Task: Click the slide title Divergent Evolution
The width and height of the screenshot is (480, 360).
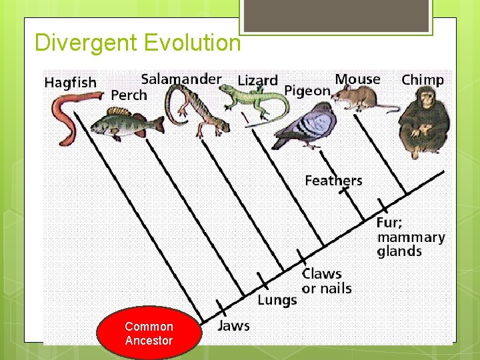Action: (137, 43)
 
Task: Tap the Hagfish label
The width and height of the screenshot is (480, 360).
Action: (70, 83)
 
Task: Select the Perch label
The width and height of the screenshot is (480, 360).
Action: (129, 95)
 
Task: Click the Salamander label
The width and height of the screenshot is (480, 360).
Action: (181, 79)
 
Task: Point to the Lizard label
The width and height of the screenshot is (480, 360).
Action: (257, 81)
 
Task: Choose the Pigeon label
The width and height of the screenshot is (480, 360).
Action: (307, 91)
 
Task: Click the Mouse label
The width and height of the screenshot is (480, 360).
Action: (357, 79)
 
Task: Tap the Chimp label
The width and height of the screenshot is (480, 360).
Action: (423, 80)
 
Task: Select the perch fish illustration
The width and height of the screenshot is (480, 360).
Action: (127, 123)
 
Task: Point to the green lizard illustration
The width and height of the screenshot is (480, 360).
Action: (250, 99)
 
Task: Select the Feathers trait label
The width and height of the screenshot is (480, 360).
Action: (333, 181)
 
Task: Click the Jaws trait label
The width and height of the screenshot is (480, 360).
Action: (233, 326)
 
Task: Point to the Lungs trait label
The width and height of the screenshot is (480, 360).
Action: (277, 300)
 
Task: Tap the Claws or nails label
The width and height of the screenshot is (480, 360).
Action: (326, 281)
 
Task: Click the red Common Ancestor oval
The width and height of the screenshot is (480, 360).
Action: (149, 333)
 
